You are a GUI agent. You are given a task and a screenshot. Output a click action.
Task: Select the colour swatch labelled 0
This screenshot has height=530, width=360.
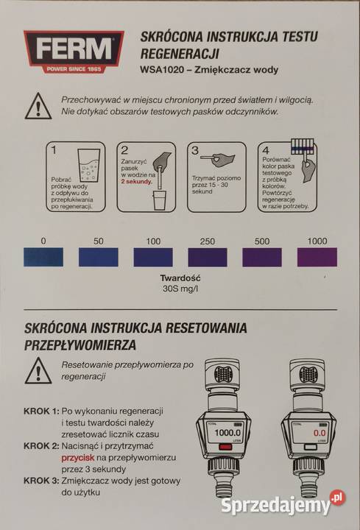click(x=43, y=257)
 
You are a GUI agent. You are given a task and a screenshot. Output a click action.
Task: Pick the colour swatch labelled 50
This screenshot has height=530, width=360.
click(x=99, y=257)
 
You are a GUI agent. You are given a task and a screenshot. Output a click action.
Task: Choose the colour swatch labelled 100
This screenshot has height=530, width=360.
click(x=153, y=257)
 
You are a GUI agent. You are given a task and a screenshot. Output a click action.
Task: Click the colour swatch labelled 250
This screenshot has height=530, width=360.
click(x=208, y=257)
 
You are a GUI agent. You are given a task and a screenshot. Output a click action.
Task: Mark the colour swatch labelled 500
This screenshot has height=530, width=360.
click(x=262, y=257)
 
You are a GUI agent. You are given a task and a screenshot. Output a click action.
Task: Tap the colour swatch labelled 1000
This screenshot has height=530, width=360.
click(x=317, y=257)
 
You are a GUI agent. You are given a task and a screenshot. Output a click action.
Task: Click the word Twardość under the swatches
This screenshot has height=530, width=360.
click(x=180, y=280)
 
